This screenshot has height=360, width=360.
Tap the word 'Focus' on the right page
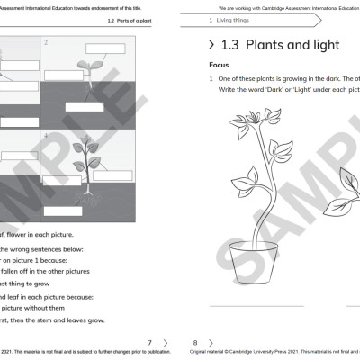click(x=220, y=66)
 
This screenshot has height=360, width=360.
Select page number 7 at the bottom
click(x=150, y=343)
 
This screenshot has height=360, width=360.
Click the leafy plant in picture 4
click(x=87, y=159)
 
